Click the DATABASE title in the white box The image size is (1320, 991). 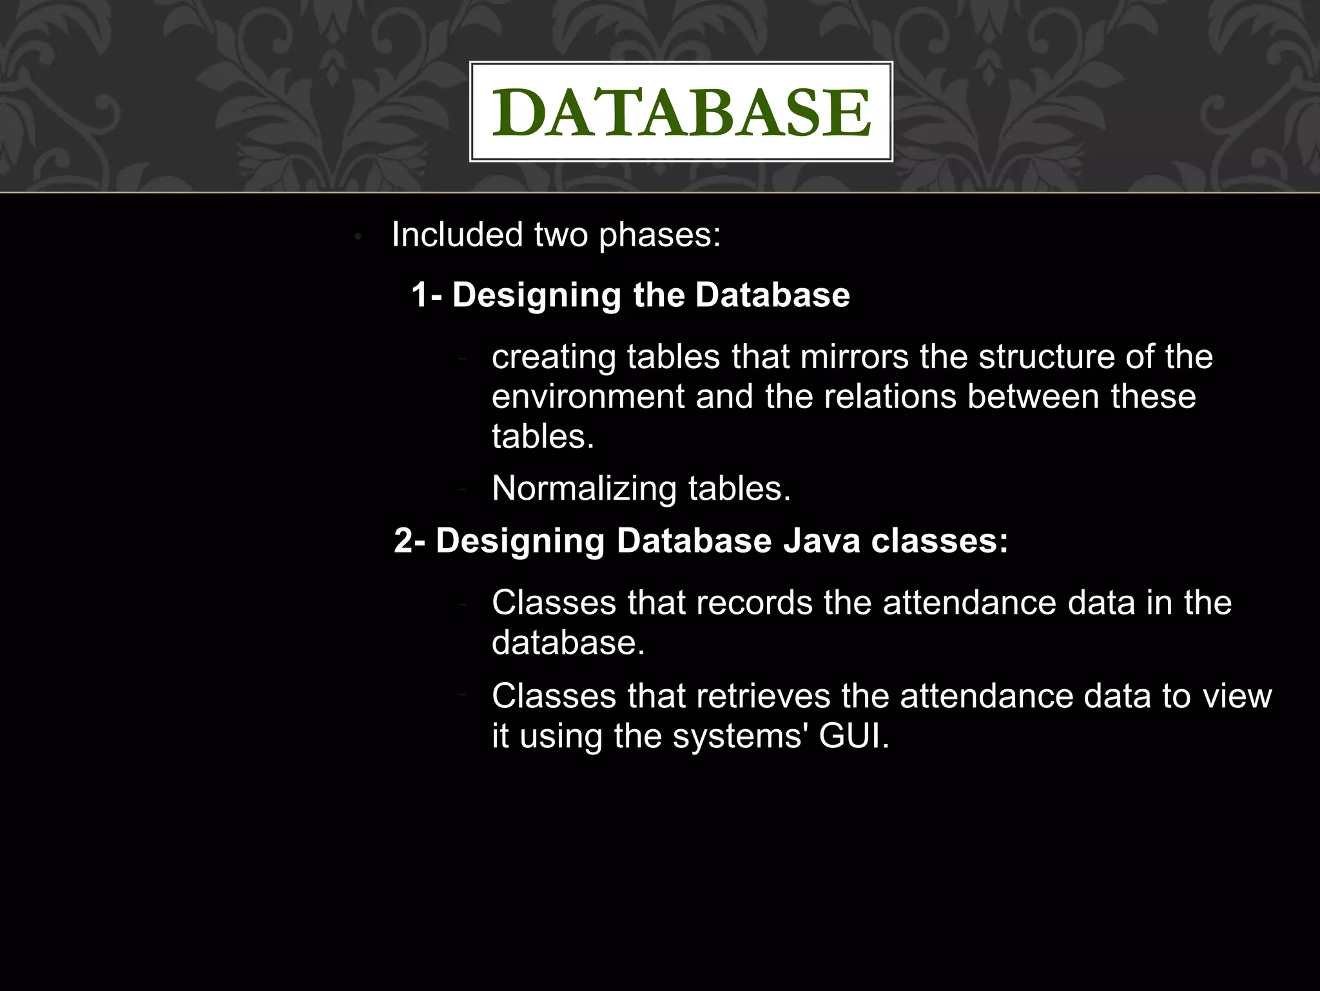tap(681, 112)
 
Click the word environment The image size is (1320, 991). tap(588, 397)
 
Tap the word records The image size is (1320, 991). tap(755, 603)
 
